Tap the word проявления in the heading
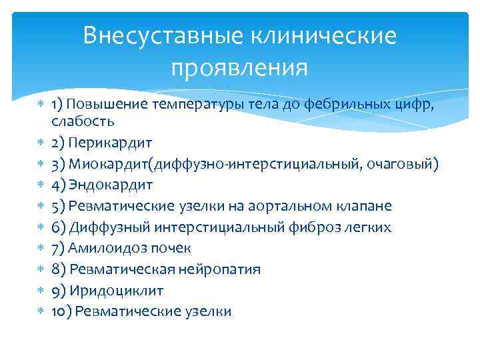coord(239,68)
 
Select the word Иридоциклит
coord(115,291)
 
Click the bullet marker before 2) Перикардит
coord(41,143)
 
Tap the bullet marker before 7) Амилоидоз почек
coord(41,249)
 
